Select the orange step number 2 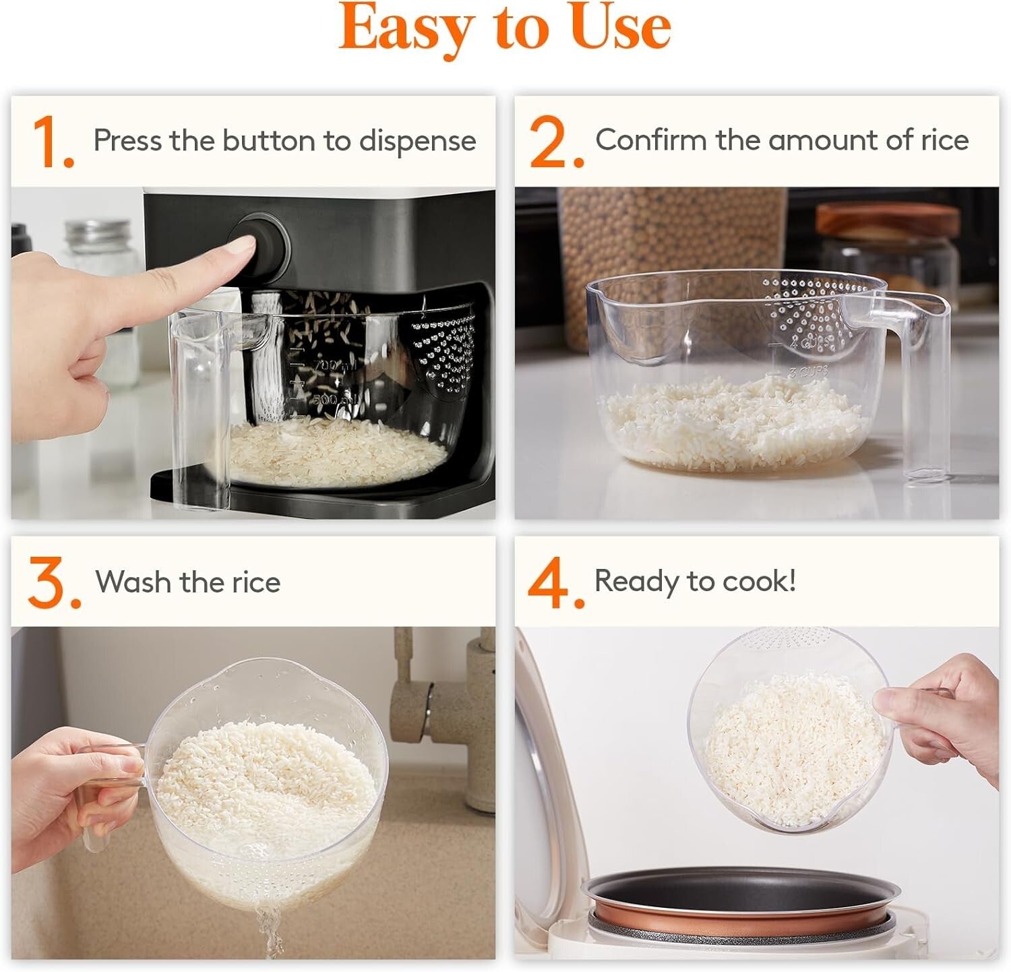tap(554, 143)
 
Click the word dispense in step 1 tap(417, 142)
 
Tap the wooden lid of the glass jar tap(888, 221)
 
